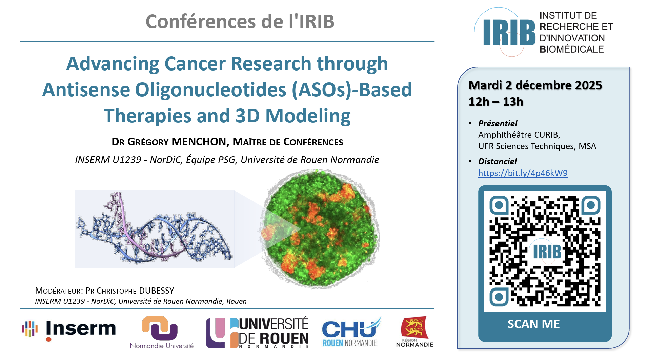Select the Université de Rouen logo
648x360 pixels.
(x=258, y=333)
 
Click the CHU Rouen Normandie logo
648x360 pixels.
(x=351, y=332)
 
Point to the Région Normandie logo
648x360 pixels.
(x=414, y=332)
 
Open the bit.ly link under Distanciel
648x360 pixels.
(x=523, y=173)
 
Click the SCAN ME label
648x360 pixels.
(x=533, y=324)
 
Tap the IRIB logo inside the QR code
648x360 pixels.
(x=547, y=252)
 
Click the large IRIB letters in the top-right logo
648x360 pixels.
(x=509, y=33)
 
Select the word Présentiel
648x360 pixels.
(x=498, y=123)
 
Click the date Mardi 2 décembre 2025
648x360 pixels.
(x=535, y=85)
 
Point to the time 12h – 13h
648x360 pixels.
(x=496, y=102)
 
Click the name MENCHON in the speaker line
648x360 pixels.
(x=199, y=142)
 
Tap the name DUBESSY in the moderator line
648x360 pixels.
(x=156, y=291)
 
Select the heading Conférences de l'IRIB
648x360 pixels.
(x=240, y=21)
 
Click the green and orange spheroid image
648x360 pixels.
(x=320, y=228)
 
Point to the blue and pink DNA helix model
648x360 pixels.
(x=154, y=229)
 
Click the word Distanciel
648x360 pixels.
(x=498, y=161)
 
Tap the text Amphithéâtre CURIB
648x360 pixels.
(x=519, y=135)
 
